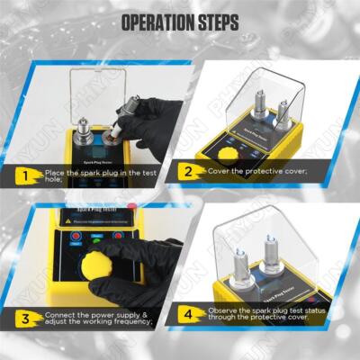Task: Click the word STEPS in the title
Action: pos(217,21)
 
